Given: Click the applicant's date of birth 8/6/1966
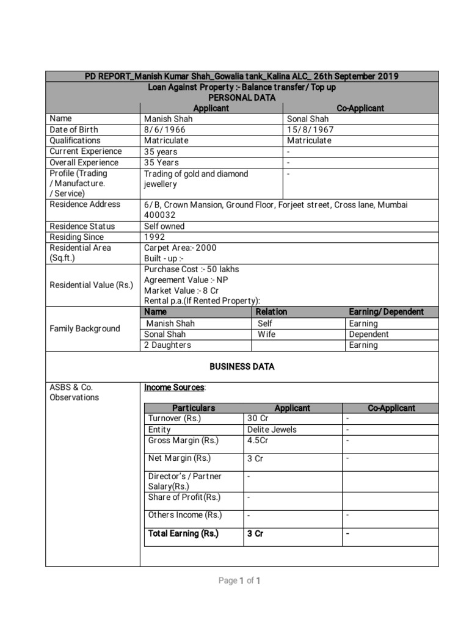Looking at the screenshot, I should (165, 129).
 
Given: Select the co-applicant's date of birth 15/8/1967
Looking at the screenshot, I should (310, 129).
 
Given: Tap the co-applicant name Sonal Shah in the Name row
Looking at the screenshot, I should (308, 119).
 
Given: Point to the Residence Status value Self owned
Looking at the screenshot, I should (164, 226).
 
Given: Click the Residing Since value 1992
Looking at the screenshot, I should (155, 237).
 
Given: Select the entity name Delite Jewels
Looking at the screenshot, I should (272, 430).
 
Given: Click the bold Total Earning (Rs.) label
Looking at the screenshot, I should (183, 533).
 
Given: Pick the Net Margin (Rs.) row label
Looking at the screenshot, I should (179, 458).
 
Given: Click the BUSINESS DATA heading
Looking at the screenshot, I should (242, 367).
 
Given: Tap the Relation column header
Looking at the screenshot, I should (271, 312).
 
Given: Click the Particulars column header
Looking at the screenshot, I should (194, 408).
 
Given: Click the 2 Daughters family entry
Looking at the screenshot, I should (167, 345).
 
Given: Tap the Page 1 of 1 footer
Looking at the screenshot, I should (239, 581).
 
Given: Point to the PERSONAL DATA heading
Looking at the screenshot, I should (242, 98).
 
